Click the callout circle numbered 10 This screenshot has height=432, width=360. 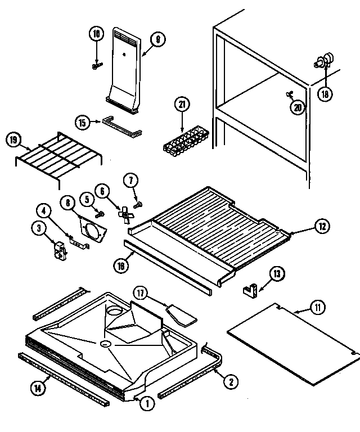tap(96, 34)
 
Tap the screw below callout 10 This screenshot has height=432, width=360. tap(96, 66)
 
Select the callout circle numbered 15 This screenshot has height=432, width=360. tap(82, 121)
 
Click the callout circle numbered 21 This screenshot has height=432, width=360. tap(183, 104)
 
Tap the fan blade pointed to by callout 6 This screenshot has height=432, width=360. tap(125, 213)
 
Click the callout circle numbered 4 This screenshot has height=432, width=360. tap(43, 211)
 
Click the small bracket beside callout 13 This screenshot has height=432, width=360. tap(250, 290)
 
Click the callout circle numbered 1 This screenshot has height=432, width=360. tap(147, 403)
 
